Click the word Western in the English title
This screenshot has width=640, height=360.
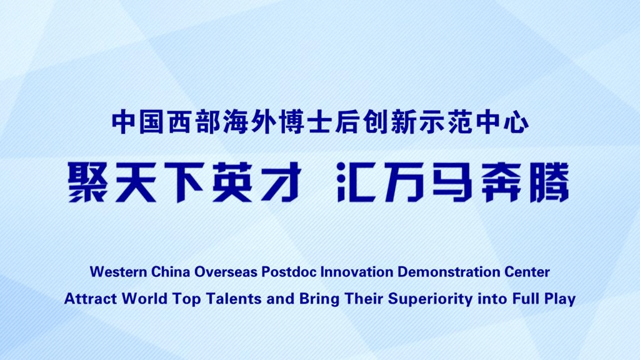[118, 272]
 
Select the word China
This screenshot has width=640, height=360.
[171, 272]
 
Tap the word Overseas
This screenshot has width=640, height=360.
[226, 272]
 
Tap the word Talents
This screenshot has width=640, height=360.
[234, 299]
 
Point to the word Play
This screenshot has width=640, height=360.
[560, 299]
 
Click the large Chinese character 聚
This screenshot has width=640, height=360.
[87, 182]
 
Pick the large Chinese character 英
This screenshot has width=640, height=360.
[232, 182]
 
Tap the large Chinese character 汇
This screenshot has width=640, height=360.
[356, 182]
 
